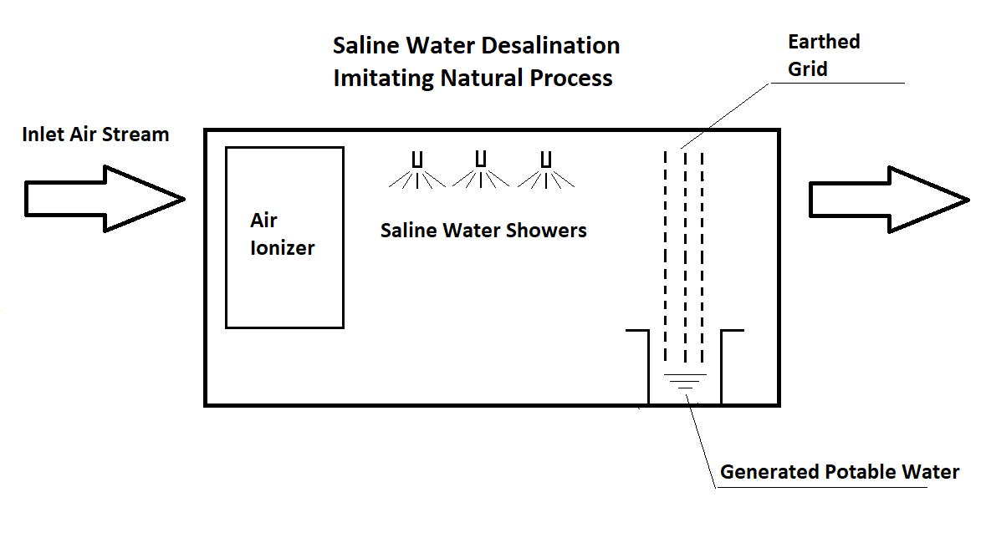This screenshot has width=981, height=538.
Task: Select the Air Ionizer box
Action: click(x=284, y=237)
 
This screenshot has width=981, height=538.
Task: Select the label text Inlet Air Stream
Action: click(x=95, y=134)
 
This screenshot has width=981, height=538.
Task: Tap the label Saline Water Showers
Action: click(x=483, y=231)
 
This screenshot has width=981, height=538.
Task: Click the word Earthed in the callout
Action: click(x=824, y=42)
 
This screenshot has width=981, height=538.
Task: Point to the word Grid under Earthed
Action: click(x=808, y=69)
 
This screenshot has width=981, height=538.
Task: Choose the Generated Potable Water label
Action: click(x=840, y=472)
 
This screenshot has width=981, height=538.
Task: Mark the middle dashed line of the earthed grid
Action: click(x=684, y=259)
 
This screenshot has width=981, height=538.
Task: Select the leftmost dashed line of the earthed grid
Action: click(x=667, y=259)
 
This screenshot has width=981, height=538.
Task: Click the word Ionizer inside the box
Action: click(x=283, y=248)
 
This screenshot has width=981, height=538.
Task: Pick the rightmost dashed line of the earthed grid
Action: click(x=703, y=259)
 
